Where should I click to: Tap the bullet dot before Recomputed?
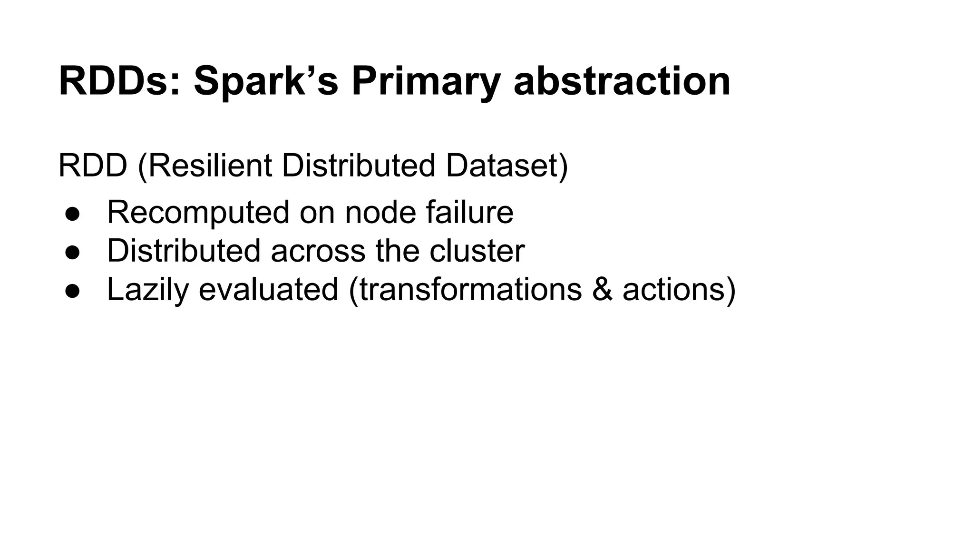(72, 214)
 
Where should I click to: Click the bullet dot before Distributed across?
(72, 252)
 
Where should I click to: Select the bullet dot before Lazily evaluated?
(72, 291)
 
